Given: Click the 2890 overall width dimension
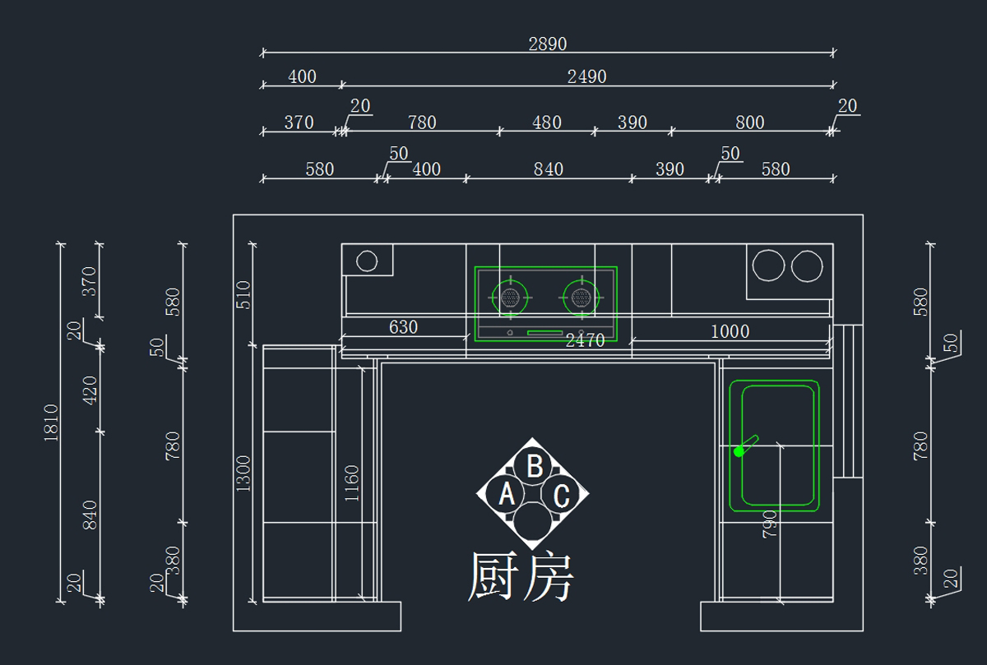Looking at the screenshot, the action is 547,44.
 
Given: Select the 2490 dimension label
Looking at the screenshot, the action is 587,77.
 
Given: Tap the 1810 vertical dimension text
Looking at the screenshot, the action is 51,423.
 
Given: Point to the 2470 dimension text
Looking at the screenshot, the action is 585,340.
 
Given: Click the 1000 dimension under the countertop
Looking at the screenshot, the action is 730,331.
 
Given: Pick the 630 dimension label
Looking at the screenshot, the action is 403,327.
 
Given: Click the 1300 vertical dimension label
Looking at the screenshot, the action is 243,473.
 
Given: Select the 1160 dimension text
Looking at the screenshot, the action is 352,483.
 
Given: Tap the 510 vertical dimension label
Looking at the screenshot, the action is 243,294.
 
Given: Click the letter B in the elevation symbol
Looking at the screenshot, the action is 535,466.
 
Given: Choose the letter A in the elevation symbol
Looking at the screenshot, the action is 507,494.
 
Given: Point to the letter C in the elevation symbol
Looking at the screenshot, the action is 561,496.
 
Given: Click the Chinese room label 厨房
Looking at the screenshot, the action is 521,576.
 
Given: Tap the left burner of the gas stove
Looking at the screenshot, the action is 510,298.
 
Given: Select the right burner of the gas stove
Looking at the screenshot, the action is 582,298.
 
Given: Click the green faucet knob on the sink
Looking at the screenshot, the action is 739,451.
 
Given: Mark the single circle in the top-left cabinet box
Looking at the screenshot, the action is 367,261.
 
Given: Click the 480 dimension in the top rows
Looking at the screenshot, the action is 547,122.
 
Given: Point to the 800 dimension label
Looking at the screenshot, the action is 749,122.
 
